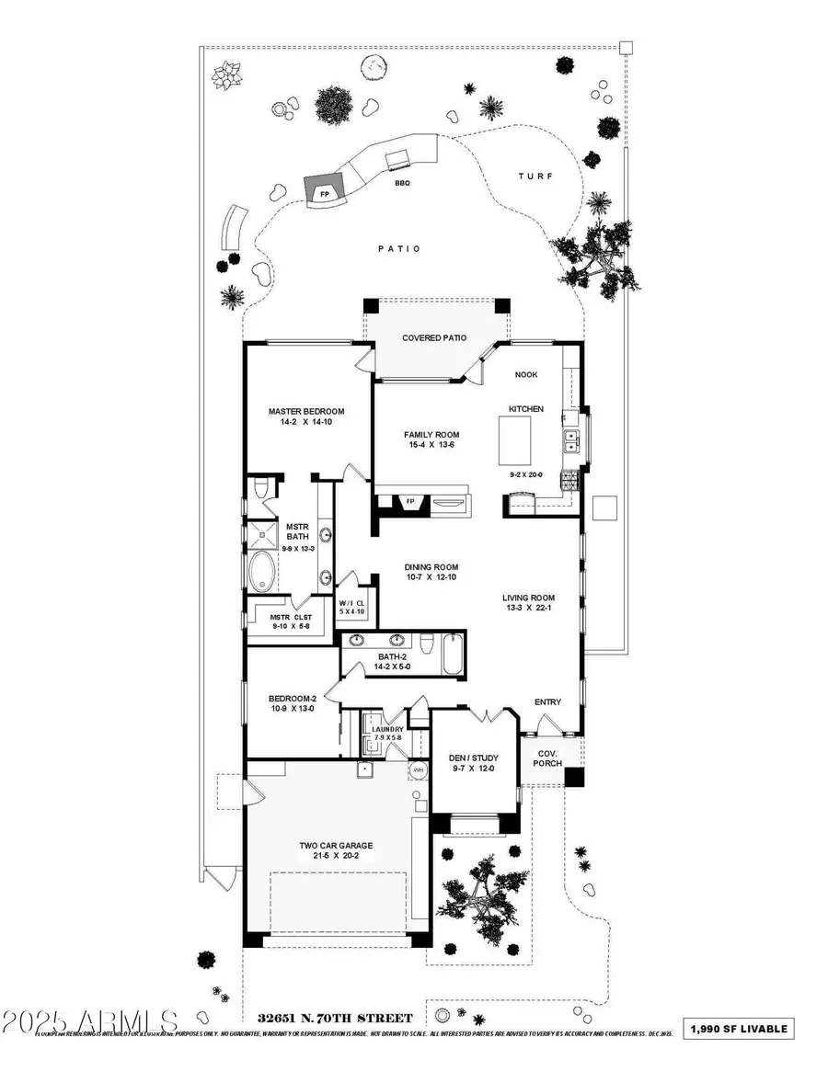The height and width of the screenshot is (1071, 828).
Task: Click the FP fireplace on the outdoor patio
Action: (324, 194)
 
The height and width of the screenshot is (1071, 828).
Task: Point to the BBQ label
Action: (402, 183)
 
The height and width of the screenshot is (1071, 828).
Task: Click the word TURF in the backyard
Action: (535, 176)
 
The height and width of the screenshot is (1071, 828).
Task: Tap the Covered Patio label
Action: (434, 337)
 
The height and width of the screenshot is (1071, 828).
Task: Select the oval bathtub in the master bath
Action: (262, 572)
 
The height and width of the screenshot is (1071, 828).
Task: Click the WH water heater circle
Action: (418, 769)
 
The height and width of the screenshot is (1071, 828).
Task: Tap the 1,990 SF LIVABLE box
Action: (739, 1028)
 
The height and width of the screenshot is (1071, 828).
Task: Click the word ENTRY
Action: (547, 702)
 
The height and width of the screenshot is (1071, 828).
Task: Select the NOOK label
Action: (526, 374)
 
